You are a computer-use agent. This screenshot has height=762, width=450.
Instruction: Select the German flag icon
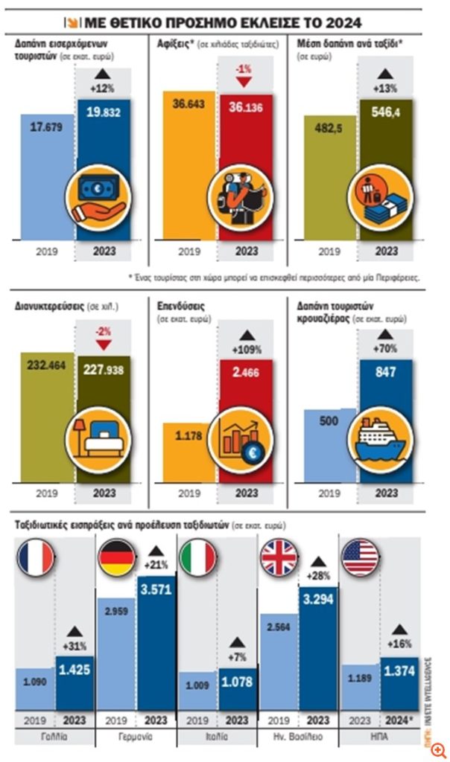116,557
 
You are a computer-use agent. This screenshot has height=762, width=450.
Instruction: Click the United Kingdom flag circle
279,557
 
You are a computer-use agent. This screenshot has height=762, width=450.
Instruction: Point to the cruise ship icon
381,441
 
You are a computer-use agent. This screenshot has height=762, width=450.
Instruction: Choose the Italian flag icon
198,557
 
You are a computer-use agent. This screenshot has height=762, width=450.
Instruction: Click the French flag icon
35,557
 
